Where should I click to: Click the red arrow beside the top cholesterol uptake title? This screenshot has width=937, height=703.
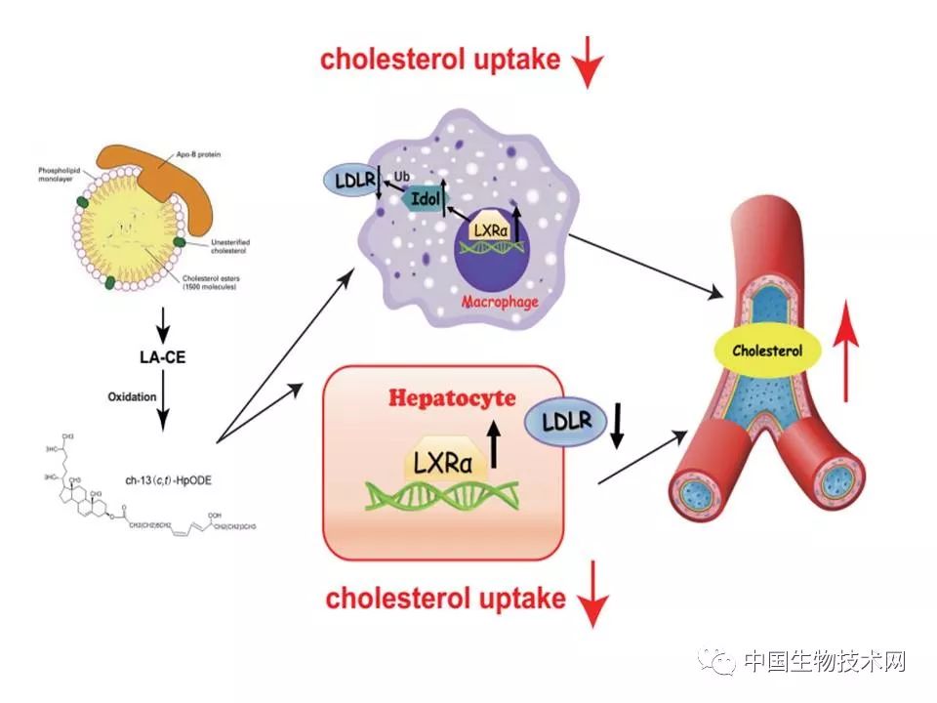pos(589,66)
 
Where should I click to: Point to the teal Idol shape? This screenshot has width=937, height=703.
pos(420,198)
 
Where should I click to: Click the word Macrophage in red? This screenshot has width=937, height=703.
pos(500,302)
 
